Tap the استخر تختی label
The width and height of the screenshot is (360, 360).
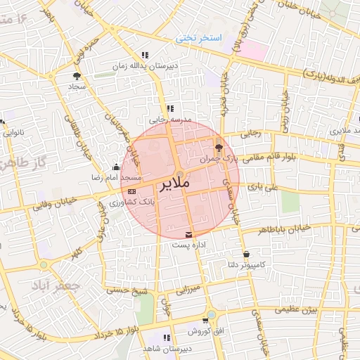pos(199,37)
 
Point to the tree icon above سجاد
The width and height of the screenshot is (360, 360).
pos(76,75)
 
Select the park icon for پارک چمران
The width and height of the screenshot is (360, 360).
pos(219,147)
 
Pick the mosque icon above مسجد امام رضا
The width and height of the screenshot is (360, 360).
pos(116,167)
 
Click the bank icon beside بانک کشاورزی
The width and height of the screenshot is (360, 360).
pos(132,191)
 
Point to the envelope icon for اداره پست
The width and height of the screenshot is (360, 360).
pos(188,234)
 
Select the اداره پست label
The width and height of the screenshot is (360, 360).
pos(188,245)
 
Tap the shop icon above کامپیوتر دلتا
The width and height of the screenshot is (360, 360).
pos(245,255)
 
